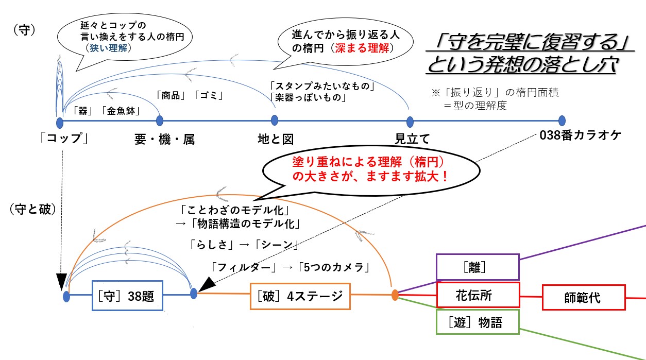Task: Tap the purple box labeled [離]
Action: click(478, 267)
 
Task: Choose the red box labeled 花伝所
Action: click(478, 295)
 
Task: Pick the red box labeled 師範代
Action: click(583, 297)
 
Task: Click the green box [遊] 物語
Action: click(478, 322)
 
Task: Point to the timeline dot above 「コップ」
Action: click(60, 122)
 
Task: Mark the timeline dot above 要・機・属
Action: click(160, 121)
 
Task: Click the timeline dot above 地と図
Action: click(275, 121)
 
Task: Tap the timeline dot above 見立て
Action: click(410, 122)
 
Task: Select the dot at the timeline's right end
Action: click(562, 121)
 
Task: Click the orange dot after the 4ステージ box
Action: click(395, 295)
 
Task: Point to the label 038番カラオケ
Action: click(581, 136)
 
